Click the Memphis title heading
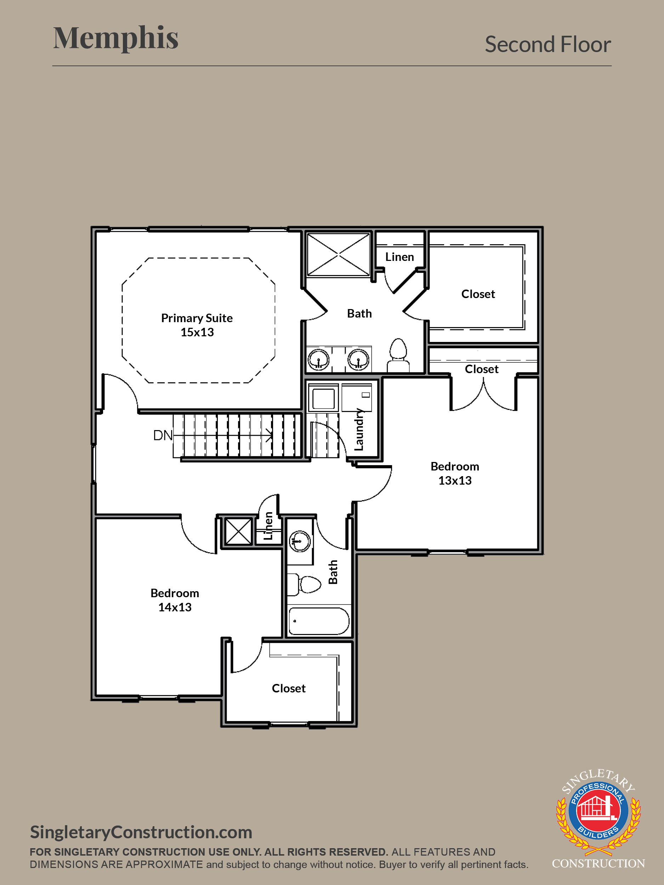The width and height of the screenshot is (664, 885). pyautogui.click(x=116, y=38)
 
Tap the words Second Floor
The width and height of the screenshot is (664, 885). pyautogui.click(x=547, y=44)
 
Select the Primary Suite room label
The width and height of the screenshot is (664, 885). pyautogui.click(x=197, y=318)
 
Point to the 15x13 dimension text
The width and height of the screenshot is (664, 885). pyautogui.click(x=197, y=332)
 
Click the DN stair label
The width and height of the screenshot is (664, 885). pyautogui.click(x=163, y=435)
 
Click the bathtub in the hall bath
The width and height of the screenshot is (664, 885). pyautogui.click(x=319, y=621)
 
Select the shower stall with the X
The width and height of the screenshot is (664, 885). pyautogui.click(x=338, y=255)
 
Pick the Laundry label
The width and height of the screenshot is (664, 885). pyautogui.click(x=359, y=429)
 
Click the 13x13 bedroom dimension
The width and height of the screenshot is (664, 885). pyautogui.click(x=455, y=480)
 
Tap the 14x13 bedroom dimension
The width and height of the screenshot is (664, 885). pyautogui.click(x=175, y=607)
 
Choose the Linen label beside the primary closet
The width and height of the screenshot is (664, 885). pyautogui.click(x=399, y=257)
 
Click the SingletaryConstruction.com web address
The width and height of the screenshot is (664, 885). pyautogui.click(x=141, y=832)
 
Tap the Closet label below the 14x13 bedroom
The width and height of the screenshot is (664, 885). pyautogui.click(x=289, y=688)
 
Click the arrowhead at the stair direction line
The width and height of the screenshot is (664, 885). pyautogui.click(x=270, y=435)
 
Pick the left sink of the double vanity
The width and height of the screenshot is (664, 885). pyautogui.click(x=319, y=359)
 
